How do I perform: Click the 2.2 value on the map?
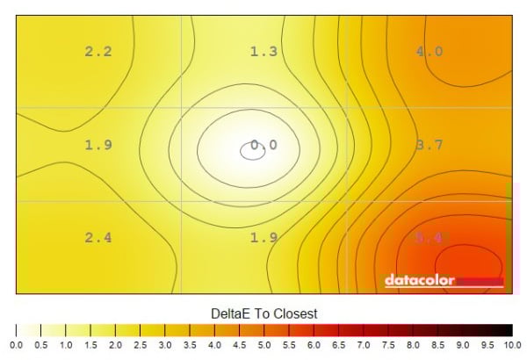(98, 52)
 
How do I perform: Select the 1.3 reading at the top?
(263, 52)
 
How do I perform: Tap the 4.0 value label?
(429, 52)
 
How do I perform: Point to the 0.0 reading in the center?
(263, 145)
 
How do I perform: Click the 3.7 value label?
(429, 145)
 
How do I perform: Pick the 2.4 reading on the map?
(98, 238)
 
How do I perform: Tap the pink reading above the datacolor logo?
(429, 238)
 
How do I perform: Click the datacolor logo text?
(419, 281)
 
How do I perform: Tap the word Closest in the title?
(294, 313)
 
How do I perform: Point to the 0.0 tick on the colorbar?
(17, 345)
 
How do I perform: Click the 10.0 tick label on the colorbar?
(511, 345)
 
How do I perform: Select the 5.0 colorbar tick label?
(263, 345)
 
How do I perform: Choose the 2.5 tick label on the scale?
(140, 345)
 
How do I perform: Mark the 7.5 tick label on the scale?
(387, 345)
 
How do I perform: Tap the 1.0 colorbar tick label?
(66, 345)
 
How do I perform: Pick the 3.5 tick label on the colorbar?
(190, 345)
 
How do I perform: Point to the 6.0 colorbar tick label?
(314, 345)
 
